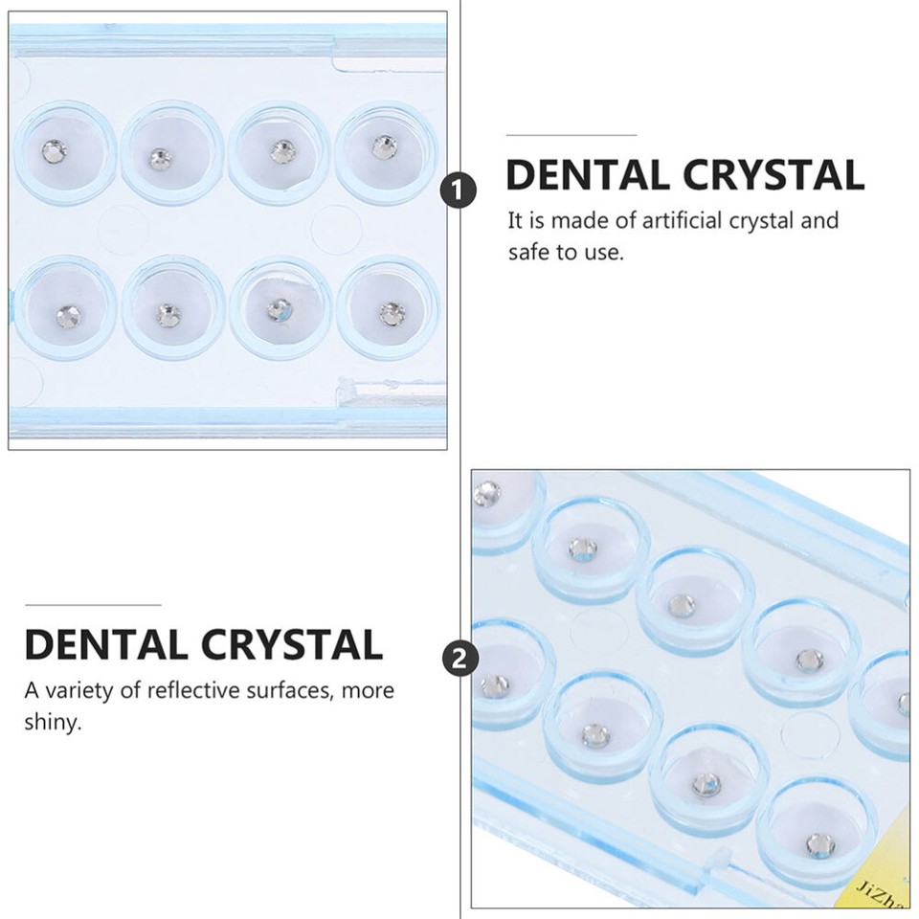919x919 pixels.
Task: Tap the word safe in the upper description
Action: [528, 254]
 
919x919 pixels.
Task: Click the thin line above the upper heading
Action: [571, 136]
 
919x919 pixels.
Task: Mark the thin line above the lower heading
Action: [92, 605]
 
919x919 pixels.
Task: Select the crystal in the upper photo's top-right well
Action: [385, 146]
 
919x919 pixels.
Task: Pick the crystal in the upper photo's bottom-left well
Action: [65, 311]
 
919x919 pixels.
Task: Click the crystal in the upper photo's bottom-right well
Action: [391, 312]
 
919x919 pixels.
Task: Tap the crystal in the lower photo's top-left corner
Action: [487, 493]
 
